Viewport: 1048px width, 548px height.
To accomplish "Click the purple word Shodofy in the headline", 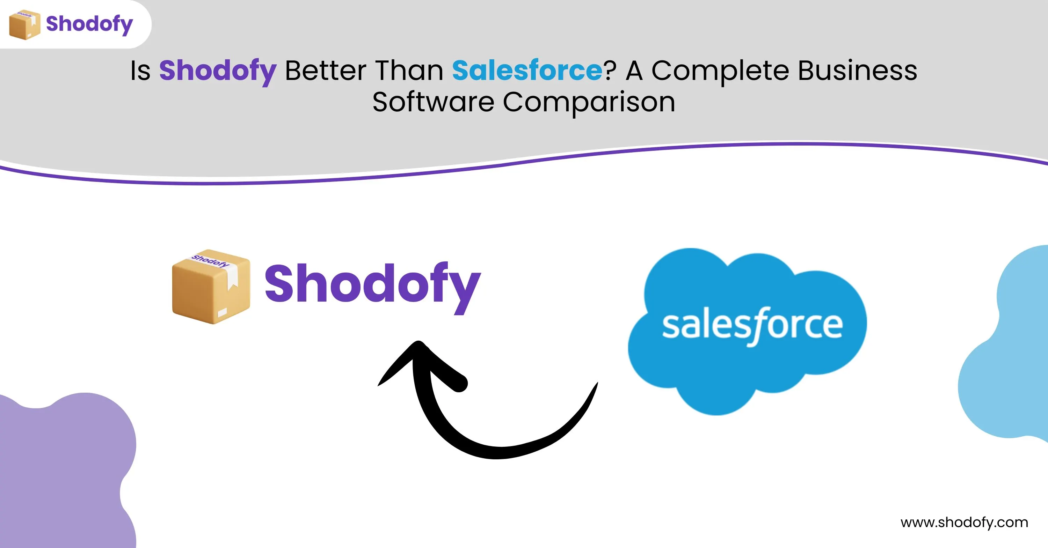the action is (218, 72).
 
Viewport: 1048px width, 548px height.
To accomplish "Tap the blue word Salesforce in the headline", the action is (527, 70).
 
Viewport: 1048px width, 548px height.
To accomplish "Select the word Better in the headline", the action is (326, 70).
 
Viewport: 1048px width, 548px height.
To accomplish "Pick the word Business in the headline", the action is (858, 70).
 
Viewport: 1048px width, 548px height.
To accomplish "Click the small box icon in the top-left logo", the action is (24, 25).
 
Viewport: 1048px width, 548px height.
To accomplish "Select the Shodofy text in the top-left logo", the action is (89, 24).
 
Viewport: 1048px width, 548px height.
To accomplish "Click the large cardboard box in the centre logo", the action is (211, 287).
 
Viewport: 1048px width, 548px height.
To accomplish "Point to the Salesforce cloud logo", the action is (747, 331).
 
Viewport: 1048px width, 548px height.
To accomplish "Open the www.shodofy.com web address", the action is (964, 523).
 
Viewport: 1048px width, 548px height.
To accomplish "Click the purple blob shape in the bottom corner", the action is (65, 472).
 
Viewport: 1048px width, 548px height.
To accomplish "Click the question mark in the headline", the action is (610, 70).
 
